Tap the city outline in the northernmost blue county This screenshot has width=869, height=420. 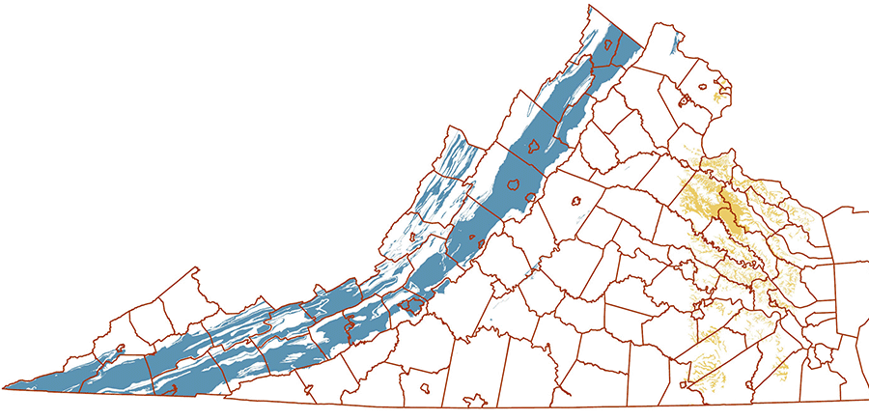pos(609,44)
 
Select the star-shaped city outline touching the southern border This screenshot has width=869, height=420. pos(474,398)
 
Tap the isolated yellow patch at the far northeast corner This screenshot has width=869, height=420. pos(716,94)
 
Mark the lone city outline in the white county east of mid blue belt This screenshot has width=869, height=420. pos(575,202)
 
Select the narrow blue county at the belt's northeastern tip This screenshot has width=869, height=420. pos(626,48)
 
